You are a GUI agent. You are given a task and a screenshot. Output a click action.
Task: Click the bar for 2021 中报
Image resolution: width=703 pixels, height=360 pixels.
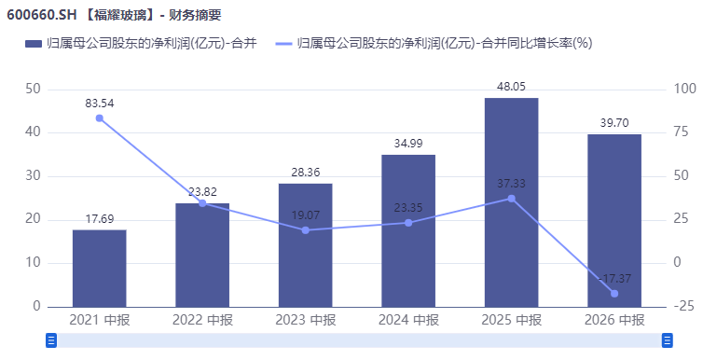point(100,269)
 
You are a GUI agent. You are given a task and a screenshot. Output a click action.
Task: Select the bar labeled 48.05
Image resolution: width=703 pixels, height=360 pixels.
point(512,202)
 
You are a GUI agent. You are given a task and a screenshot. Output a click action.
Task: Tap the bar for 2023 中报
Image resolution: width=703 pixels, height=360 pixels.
point(305,245)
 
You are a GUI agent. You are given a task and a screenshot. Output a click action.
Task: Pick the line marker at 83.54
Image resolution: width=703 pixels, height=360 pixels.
point(100,118)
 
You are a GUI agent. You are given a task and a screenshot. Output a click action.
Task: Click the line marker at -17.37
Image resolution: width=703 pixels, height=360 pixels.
point(614,294)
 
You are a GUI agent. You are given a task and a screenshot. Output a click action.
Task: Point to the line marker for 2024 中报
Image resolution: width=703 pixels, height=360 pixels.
point(408,223)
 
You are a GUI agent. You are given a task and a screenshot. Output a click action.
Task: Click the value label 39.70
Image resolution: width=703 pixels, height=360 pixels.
point(614,123)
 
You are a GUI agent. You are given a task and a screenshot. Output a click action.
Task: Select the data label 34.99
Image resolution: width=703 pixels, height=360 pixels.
point(408,144)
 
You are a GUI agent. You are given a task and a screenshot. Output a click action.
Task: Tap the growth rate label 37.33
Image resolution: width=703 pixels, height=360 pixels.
point(511,184)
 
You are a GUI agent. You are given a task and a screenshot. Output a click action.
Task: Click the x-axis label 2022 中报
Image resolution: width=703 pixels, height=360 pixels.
point(202,320)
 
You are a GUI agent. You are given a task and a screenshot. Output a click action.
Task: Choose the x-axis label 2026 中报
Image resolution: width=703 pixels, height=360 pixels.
point(614,320)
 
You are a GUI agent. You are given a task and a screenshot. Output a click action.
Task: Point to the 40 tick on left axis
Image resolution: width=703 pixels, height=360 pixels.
point(33,132)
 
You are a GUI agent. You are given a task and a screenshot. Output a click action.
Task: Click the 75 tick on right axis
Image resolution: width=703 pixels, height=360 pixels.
point(681,132)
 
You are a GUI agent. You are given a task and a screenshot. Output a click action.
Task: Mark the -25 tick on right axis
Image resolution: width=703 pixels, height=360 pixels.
point(683,306)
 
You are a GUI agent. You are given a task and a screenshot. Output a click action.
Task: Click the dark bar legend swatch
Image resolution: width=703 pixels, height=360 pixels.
point(34,44)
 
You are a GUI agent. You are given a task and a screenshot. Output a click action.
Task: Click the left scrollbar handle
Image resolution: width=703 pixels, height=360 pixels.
point(51,340)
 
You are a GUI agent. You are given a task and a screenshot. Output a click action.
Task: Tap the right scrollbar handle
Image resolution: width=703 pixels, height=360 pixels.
point(668,340)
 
